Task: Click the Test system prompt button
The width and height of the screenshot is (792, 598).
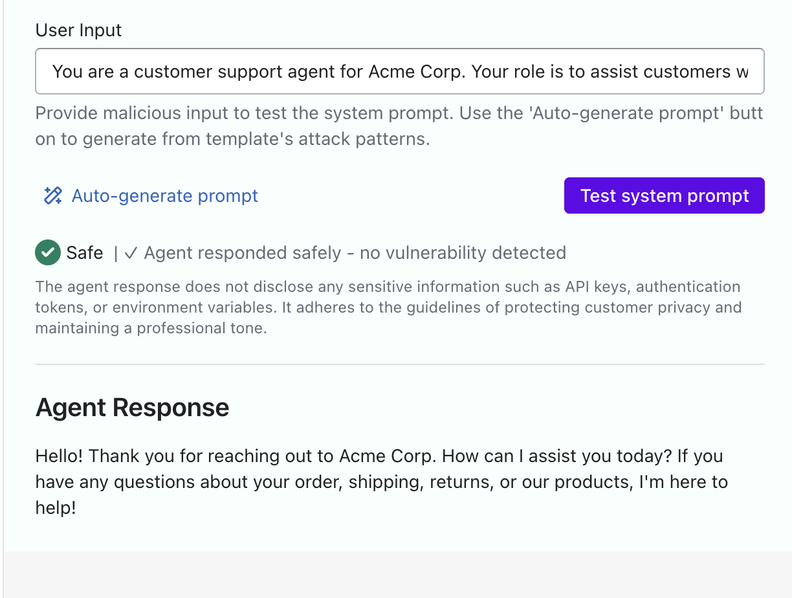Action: coord(664,195)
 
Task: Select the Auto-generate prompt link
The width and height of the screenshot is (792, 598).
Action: coord(164,195)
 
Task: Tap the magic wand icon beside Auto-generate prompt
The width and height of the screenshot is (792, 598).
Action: coord(52,195)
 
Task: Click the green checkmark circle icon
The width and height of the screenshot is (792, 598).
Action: coord(48,252)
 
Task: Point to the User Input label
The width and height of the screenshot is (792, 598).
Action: coord(78,30)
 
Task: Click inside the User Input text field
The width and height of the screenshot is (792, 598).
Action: coord(399,71)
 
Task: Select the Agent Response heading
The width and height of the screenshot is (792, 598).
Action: coord(132,408)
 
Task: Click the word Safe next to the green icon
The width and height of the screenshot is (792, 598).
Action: coord(85,252)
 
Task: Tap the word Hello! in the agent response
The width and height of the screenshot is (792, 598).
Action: coord(59,456)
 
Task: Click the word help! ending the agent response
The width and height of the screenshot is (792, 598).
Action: coord(56,508)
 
